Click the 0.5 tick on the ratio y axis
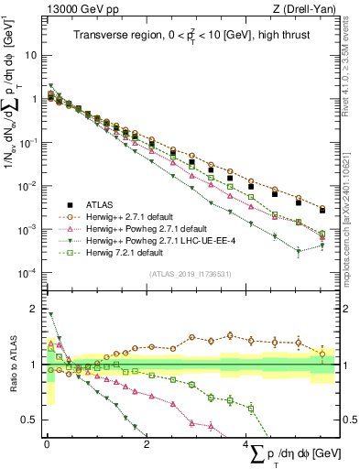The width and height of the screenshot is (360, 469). click(29, 420)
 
